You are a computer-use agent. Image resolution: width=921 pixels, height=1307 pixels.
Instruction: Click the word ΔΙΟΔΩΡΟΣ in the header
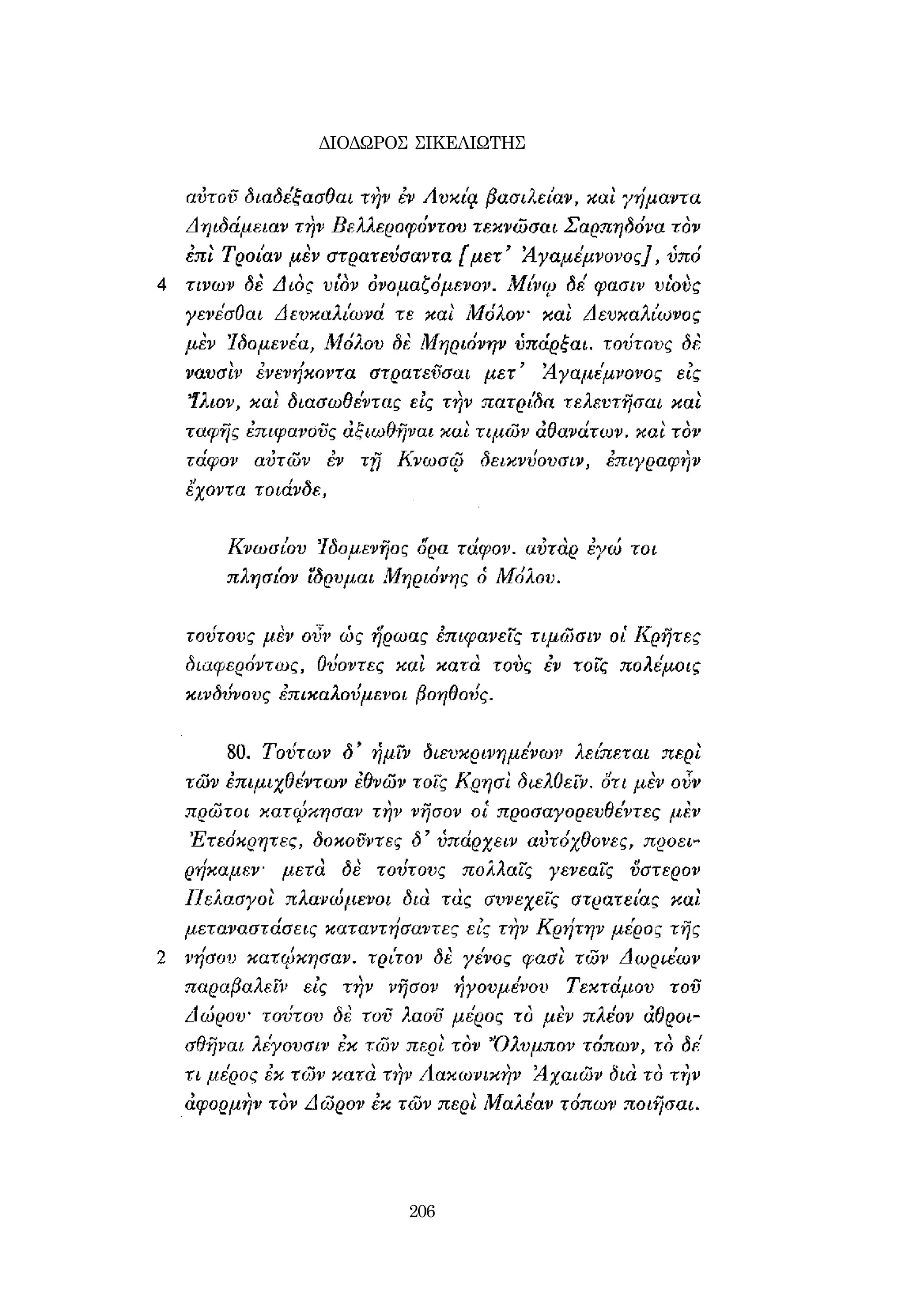pos(362,143)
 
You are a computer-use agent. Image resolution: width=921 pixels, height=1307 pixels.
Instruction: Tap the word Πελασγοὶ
pos(231,900)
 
